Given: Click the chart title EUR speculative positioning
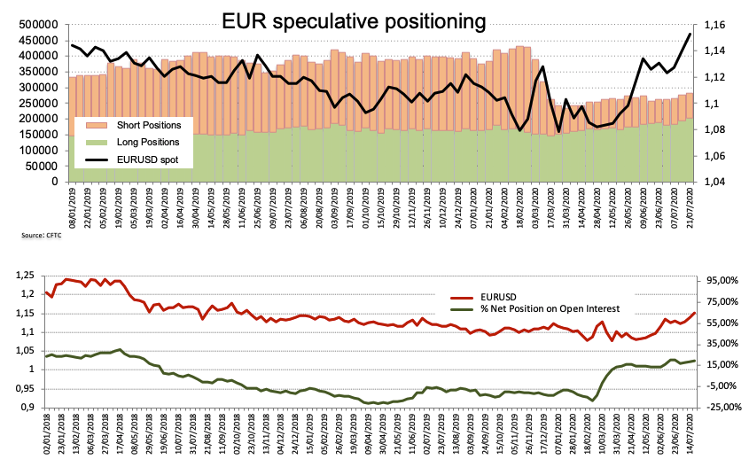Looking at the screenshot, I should [x=355, y=19].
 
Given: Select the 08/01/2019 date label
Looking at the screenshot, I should [x=73, y=208].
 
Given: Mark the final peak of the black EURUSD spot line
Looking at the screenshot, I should [x=690, y=35].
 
